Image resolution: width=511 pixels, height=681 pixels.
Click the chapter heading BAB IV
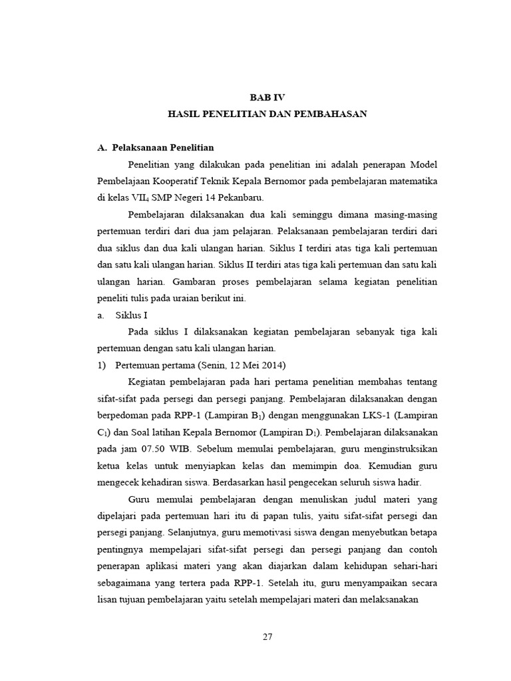[267, 97]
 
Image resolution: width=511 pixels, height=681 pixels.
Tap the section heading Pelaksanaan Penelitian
[163, 147]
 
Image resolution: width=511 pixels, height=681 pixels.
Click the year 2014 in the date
[270, 365]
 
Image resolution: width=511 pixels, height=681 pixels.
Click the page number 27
[267, 636]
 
